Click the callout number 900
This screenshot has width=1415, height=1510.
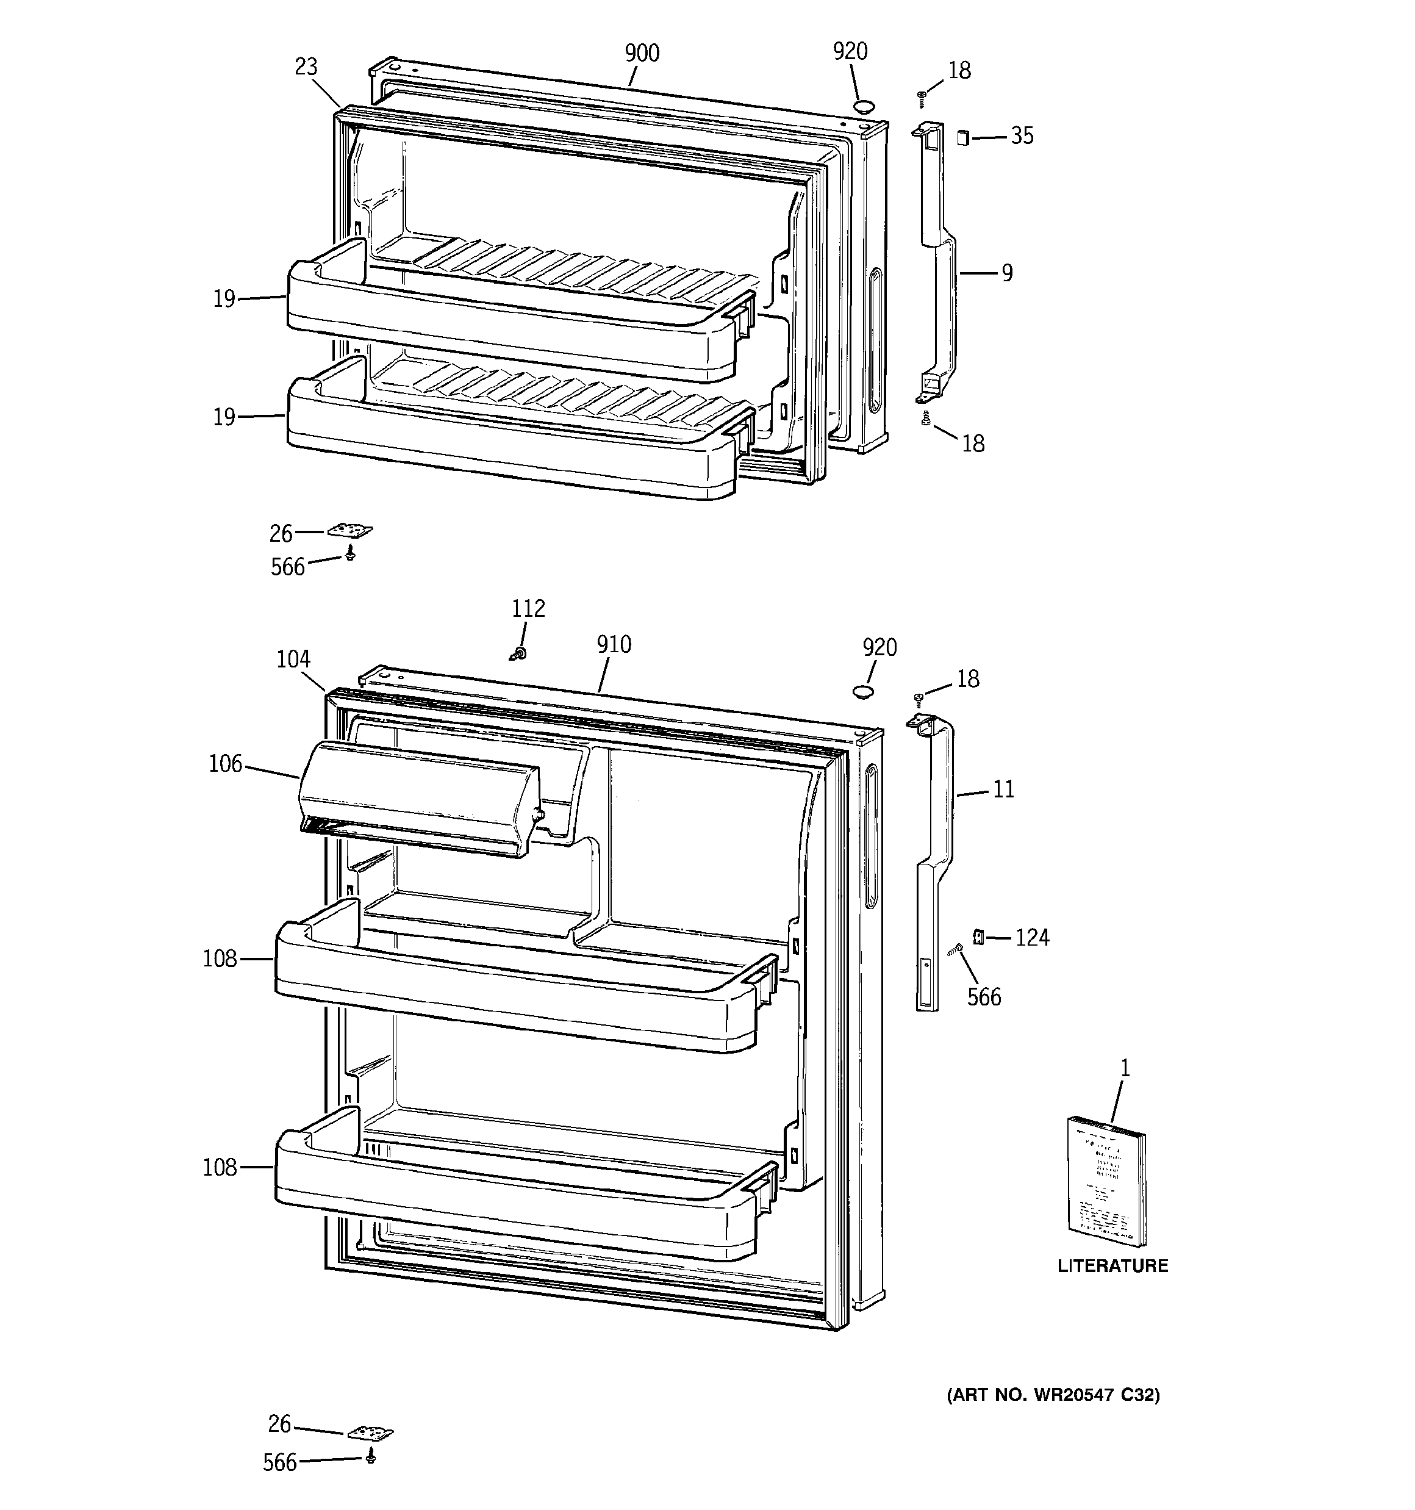coord(642,53)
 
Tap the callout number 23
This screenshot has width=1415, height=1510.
coord(306,67)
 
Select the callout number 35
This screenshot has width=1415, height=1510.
coord(1022,136)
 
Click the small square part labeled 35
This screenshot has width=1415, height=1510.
coord(963,137)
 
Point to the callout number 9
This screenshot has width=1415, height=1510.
coord(1006,273)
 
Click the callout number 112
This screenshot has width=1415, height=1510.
coord(528,608)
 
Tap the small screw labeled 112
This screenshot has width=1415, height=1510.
coord(520,652)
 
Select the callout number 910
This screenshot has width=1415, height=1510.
coord(614,644)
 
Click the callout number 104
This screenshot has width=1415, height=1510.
coord(293,658)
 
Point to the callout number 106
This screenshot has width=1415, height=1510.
coord(226,763)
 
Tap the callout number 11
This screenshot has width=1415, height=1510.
coord(1003,789)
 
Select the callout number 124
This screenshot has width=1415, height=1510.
coord(1032,938)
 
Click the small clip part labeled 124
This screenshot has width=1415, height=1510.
coord(979,937)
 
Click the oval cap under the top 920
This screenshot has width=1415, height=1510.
coord(864,106)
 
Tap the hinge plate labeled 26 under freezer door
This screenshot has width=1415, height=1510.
coord(349,531)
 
